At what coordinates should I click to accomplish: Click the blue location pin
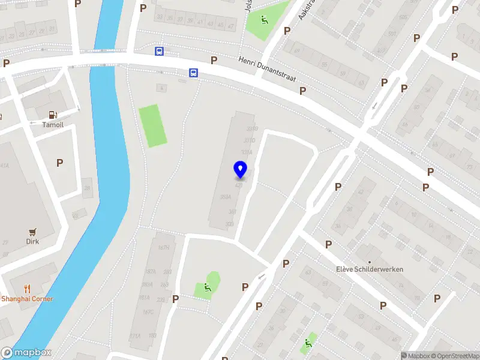click(x=241, y=169)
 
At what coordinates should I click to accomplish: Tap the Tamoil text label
click(x=53, y=125)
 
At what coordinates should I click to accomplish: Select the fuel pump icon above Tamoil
click(x=53, y=114)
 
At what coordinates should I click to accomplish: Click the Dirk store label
click(x=32, y=242)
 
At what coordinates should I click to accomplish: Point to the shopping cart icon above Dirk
click(x=32, y=231)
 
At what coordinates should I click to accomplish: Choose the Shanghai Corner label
click(x=27, y=299)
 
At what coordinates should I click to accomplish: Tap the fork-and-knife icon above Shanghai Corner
click(x=27, y=288)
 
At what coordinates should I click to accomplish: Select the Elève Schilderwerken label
click(x=370, y=269)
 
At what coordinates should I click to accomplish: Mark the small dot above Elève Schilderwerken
click(x=370, y=262)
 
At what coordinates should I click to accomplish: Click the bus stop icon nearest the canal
click(x=159, y=52)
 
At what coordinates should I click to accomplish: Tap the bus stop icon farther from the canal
click(x=193, y=73)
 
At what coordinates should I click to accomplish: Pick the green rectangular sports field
click(x=153, y=125)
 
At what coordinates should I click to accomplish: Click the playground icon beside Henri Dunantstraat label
click(x=264, y=19)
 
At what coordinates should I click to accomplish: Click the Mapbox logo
click(x=26, y=353)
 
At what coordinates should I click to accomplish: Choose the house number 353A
click(x=226, y=197)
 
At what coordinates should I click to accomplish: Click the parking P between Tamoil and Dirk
click(x=59, y=163)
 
